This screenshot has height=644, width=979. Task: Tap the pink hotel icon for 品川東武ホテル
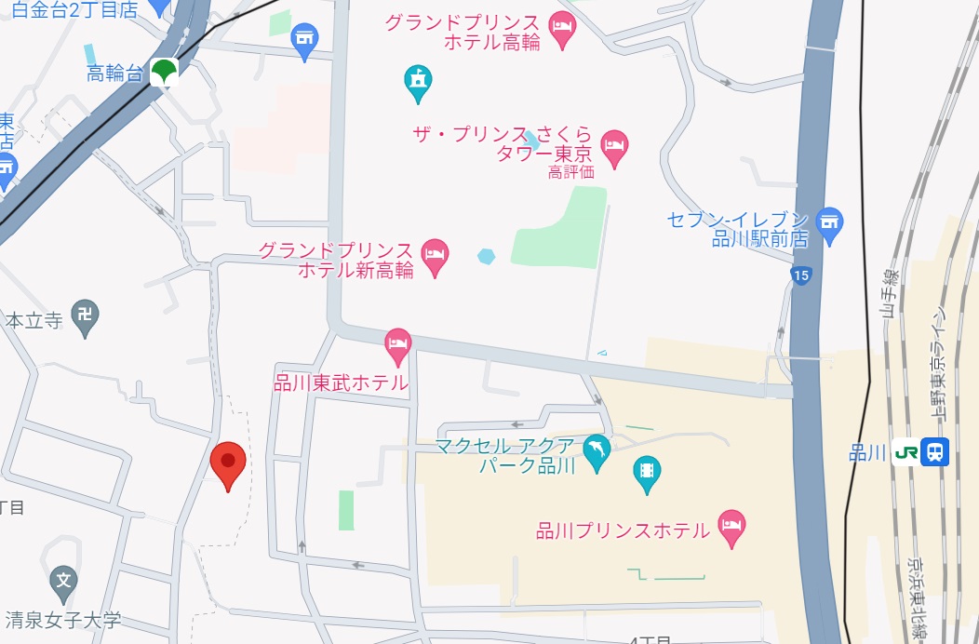click(x=398, y=345)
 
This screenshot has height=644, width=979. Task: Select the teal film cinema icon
click(x=646, y=473)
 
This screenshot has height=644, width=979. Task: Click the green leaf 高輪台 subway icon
click(x=165, y=72)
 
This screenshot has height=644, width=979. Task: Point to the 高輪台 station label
click(x=114, y=74)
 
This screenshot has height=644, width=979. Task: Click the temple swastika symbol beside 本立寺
click(x=85, y=316)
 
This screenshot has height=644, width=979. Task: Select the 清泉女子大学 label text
click(x=63, y=619)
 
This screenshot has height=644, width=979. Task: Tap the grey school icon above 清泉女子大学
click(x=63, y=582)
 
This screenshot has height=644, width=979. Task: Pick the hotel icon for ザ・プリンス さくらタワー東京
click(x=614, y=144)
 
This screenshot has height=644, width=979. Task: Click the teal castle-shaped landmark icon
click(x=418, y=83)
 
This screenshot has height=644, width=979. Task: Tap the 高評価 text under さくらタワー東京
click(x=570, y=171)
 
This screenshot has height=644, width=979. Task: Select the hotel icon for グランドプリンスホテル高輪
click(x=562, y=30)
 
